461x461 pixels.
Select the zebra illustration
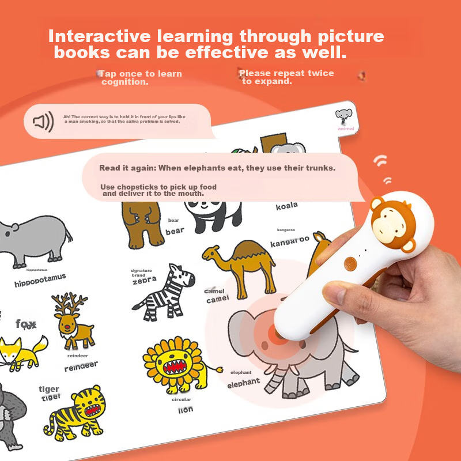(164, 291)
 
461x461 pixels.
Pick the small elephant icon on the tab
(344, 117)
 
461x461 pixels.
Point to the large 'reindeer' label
(81, 366)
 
